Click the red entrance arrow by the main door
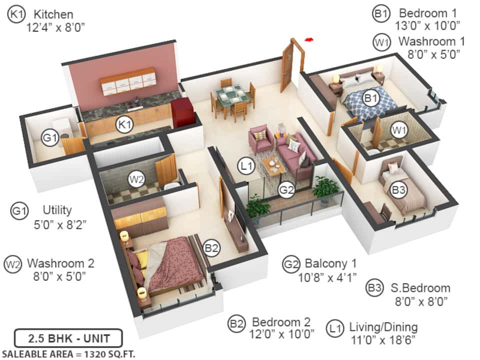[309, 39]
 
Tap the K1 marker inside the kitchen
[124, 124]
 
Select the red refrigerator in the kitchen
[182, 112]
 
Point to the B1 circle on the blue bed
[370, 98]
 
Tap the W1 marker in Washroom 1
[399, 130]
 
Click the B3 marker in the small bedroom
[398, 190]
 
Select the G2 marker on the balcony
[286, 190]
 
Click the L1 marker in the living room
[246, 165]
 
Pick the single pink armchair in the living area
[260, 138]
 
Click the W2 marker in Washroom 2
[136, 179]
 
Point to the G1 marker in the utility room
[50, 137]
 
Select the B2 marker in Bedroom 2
[211, 247]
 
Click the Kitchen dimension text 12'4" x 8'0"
[55, 27]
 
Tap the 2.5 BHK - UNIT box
[68, 338]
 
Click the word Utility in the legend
[57, 210]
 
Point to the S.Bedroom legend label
[420, 288]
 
